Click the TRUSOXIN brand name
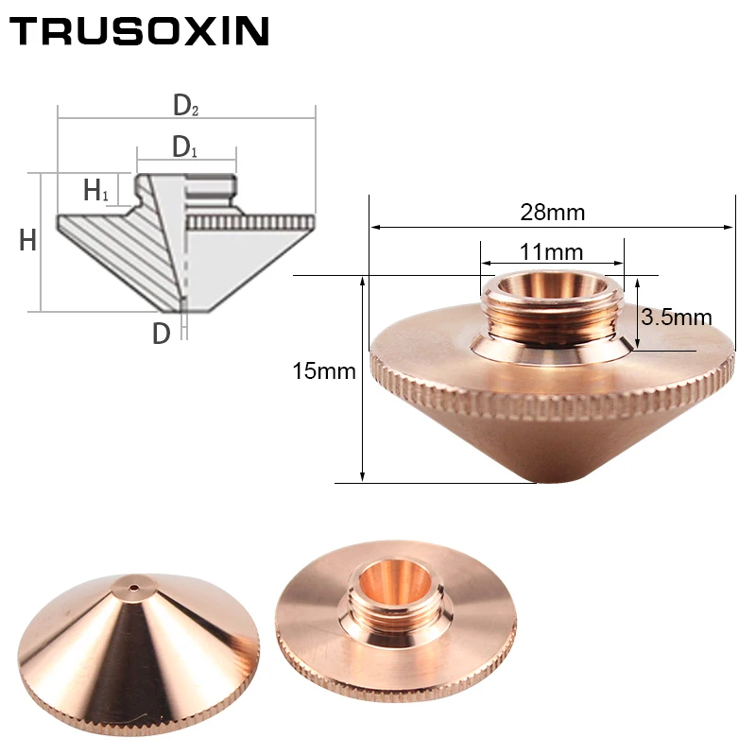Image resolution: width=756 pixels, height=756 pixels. coord(139,31)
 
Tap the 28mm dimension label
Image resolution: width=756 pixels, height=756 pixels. coord(553,212)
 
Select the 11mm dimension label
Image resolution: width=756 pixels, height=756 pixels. coord(552,251)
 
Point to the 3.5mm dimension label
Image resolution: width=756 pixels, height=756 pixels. coord(677,317)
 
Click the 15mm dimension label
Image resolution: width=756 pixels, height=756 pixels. coord(324,370)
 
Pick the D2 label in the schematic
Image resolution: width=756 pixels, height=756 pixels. coord(185,105)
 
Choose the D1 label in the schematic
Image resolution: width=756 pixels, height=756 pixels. coord(184,147)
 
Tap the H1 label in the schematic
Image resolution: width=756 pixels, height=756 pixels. coord(96,190)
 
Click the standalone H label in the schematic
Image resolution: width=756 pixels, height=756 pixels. coord(28,240)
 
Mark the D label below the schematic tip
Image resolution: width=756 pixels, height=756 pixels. coord(162,334)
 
